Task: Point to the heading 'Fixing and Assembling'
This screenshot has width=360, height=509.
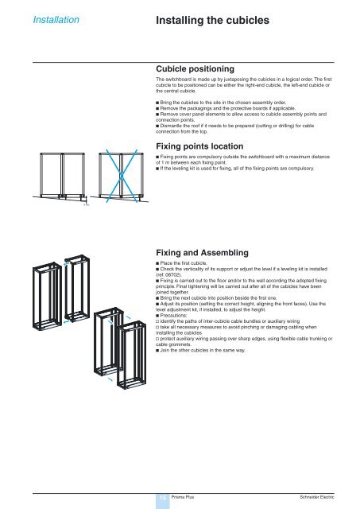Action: [203, 252]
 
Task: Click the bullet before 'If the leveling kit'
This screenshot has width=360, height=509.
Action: [158, 169]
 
